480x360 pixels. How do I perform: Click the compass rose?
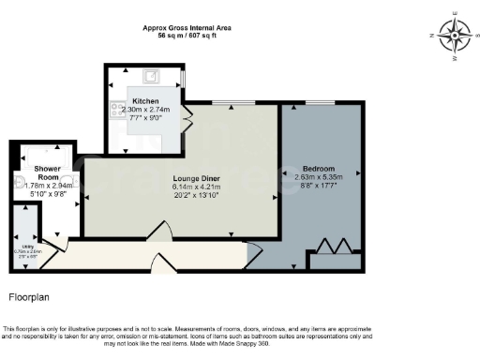point(455,37)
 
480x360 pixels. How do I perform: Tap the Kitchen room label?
point(145,100)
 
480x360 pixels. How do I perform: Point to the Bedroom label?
point(319,169)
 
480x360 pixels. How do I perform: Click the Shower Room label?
point(48,172)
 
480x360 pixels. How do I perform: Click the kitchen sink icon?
point(150,76)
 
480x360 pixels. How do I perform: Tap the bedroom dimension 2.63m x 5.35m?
point(319,177)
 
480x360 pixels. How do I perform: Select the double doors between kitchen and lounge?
point(188,120)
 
